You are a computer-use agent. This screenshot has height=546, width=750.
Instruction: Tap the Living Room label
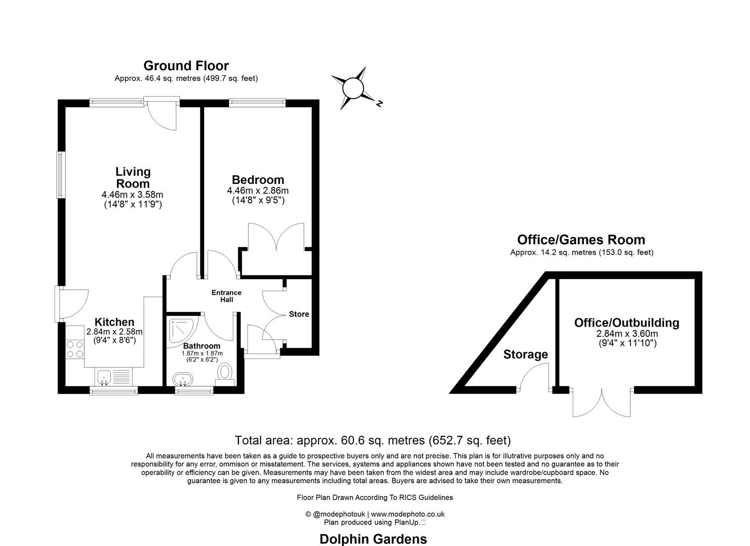coord(133,177)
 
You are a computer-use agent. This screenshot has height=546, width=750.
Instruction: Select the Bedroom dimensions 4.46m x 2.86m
coord(258,191)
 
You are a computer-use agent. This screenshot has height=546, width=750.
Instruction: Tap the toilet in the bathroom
coord(225,373)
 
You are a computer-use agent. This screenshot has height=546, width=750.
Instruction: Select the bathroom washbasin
coord(182,379)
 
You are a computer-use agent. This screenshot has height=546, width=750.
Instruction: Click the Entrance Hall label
coord(226,296)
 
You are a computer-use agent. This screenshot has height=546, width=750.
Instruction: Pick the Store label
coord(298,314)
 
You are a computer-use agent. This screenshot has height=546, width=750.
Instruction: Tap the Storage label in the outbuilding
coord(525,354)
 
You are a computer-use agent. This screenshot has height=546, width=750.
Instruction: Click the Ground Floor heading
coord(186,66)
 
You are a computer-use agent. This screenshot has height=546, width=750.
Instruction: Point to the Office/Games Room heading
coord(581,240)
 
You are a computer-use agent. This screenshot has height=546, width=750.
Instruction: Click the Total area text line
coord(373,440)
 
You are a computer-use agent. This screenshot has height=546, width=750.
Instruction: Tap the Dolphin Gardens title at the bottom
coord(373,539)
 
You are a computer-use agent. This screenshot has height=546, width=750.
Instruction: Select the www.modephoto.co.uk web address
coord(408,514)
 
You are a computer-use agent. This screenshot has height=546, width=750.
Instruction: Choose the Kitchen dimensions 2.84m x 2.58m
coord(115,332)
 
